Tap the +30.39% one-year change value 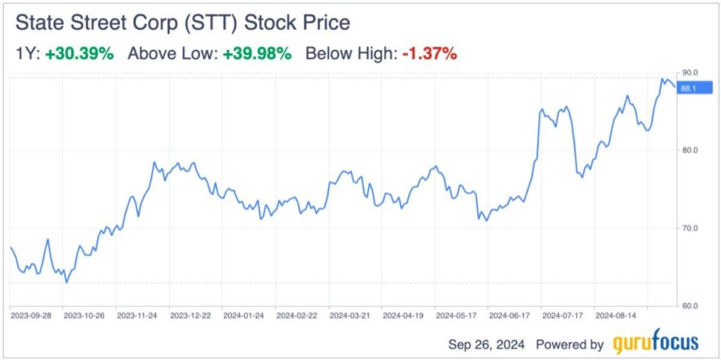tap(79, 54)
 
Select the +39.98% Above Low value tap(257, 54)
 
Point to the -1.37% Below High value tap(430, 54)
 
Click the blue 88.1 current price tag tap(694, 88)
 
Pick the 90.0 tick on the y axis tap(689, 73)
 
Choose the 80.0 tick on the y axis tap(689, 151)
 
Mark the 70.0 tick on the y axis tap(689, 228)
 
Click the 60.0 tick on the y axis tap(689, 306)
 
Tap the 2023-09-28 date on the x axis tap(30, 316)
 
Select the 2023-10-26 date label tap(83, 316)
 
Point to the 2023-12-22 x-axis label tap(190, 316)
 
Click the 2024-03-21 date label tap(349, 316)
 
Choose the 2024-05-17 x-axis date tap(456, 316)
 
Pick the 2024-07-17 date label tap(562, 316)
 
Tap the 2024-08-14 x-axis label tap(615, 316)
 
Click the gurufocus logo tap(656, 342)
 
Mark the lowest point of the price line tap(66, 283)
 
